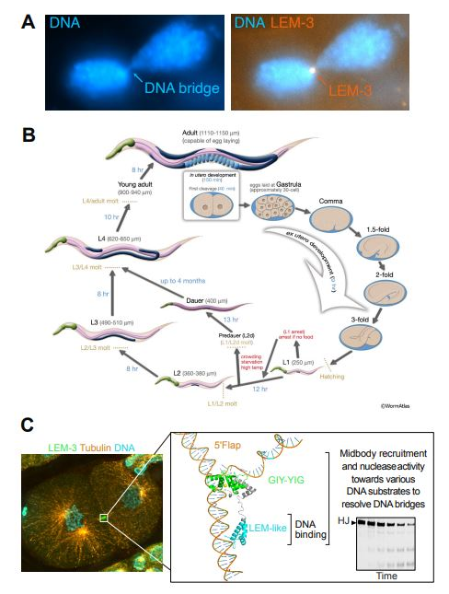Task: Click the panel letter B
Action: (29, 134)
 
